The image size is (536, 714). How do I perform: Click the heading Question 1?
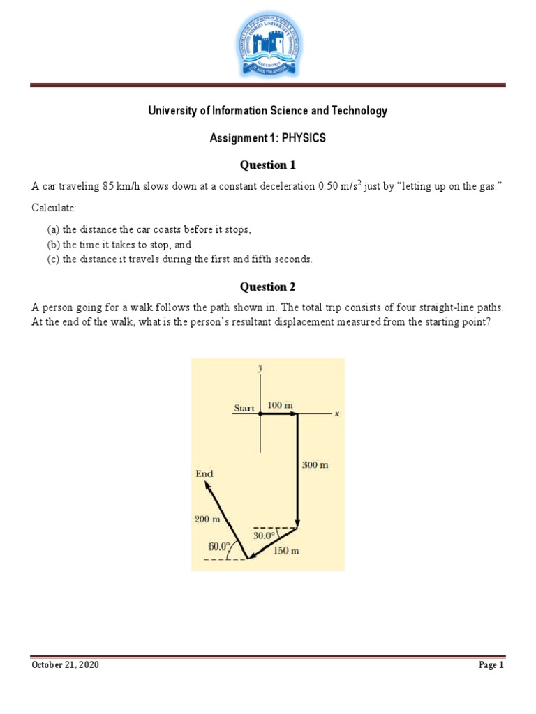pos(268,165)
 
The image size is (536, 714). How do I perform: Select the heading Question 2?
pos(268,287)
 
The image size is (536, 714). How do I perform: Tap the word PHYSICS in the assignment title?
pos(304,138)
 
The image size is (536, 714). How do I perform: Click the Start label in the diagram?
pos(244,408)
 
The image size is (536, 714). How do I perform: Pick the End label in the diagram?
pos(204,473)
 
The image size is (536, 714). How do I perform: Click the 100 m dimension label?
pos(280,405)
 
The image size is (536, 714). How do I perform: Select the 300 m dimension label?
pos(315,465)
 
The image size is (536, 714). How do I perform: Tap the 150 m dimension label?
pos(285,550)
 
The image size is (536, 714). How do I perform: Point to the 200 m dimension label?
pos(207,519)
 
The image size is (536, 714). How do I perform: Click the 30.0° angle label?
pos(266,536)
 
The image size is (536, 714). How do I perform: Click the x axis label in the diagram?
pos(336,413)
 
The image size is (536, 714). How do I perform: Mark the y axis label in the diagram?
pos(260,367)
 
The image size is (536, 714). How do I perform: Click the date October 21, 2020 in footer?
pos(65,665)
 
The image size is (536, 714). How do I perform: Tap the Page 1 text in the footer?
pos(491,665)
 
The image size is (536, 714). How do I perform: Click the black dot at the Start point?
pos(260,413)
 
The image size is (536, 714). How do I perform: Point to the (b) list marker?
pos(53,245)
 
